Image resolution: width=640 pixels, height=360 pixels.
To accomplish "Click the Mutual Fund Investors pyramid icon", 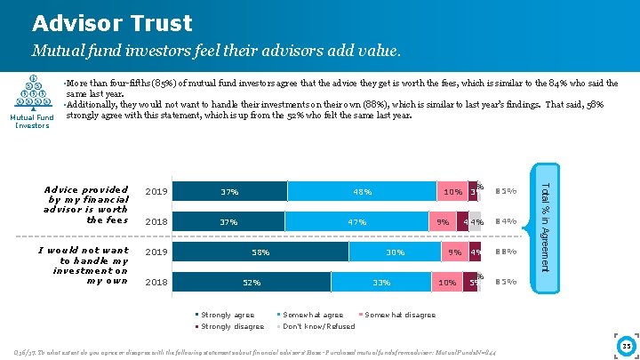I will coord(33,92).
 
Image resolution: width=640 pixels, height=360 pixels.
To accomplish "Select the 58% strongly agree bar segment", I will coord(260,252).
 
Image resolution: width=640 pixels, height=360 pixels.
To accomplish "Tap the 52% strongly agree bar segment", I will coord(252,283).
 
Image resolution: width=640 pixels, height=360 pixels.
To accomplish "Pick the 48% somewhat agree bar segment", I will coord(362,192).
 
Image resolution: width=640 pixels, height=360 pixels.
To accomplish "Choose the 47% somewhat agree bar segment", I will coord(358,222).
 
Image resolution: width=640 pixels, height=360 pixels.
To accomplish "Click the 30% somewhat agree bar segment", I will coord(395,252).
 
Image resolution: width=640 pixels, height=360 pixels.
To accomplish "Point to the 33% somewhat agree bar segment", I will coord(381,283).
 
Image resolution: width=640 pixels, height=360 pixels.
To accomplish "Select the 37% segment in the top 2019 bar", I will coord(229,192).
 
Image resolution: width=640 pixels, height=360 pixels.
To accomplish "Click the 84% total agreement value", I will coord(506,222).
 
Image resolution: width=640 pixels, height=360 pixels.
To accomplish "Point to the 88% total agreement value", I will coord(506,252).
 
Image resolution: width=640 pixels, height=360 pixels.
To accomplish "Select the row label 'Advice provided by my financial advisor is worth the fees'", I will coord(86,205).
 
